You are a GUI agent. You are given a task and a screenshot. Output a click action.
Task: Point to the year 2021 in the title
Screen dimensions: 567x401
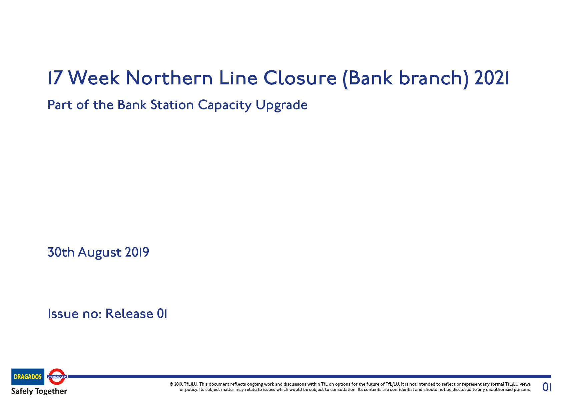click(x=491, y=78)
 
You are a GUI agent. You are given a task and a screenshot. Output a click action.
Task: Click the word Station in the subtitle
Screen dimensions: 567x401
click(x=172, y=105)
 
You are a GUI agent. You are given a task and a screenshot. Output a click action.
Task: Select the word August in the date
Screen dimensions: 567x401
click(x=99, y=253)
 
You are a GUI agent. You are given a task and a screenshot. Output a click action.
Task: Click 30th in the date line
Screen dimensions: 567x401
click(x=61, y=252)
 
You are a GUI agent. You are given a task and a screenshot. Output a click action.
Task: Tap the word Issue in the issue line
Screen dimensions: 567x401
click(x=63, y=314)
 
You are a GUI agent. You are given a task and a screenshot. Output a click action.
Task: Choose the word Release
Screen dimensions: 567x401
click(x=129, y=314)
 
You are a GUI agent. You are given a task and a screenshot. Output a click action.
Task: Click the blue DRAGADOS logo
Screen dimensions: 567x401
click(x=28, y=377)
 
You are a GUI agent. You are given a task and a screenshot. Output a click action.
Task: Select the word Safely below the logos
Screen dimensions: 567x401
click(x=22, y=391)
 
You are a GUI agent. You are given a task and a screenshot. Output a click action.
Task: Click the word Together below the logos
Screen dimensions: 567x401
click(x=51, y=391)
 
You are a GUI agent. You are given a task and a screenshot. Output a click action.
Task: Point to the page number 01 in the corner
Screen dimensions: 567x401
click(x=547, y=387)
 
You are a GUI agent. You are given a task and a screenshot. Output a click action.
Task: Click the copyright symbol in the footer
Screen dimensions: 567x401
click(x=171, y=384)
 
